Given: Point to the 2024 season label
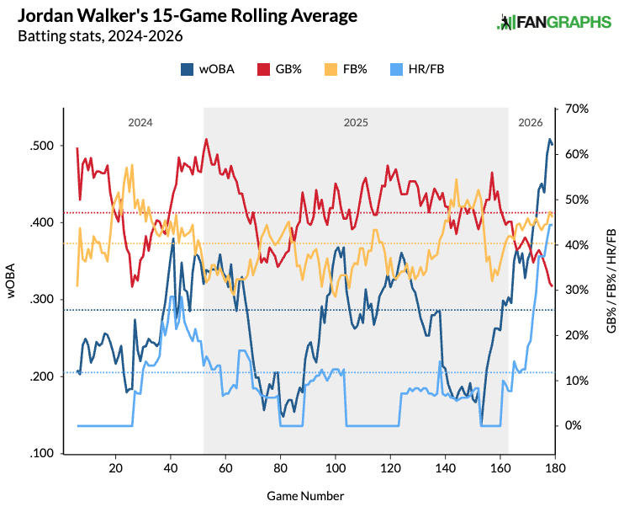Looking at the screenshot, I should point(140,122).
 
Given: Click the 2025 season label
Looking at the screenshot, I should point(356,122).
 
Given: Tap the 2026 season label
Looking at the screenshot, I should point(530,122).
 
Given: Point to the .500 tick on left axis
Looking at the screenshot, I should point(44,146).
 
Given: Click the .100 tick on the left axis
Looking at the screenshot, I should point(44,454).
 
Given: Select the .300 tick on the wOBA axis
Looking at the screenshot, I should point(44,300).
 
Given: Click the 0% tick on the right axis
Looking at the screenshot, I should point(573,425).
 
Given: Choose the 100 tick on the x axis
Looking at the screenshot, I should point(336,468).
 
